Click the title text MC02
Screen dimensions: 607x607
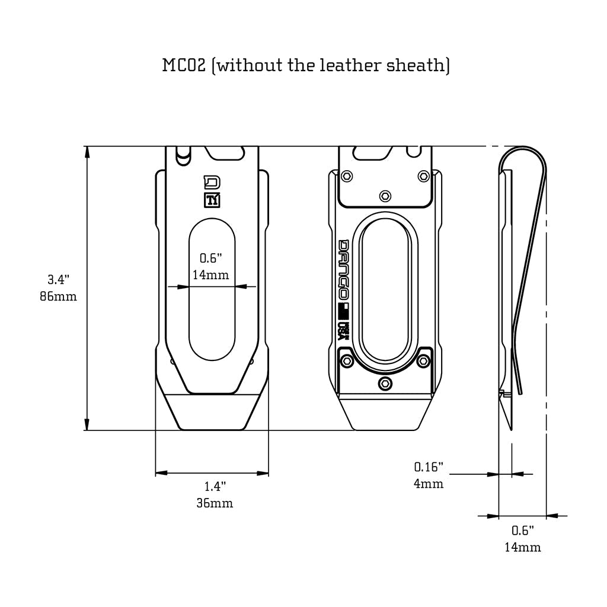184,65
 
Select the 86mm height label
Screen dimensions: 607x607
59,296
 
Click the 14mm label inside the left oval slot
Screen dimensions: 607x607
210,275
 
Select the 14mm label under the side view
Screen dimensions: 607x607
522,547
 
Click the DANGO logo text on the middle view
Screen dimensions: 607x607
343,270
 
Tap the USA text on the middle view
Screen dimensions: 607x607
343,330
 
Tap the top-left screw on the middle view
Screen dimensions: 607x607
347,176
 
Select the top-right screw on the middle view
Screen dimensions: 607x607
423,176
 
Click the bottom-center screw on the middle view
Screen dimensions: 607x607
385,384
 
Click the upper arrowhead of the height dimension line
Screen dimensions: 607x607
87,152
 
